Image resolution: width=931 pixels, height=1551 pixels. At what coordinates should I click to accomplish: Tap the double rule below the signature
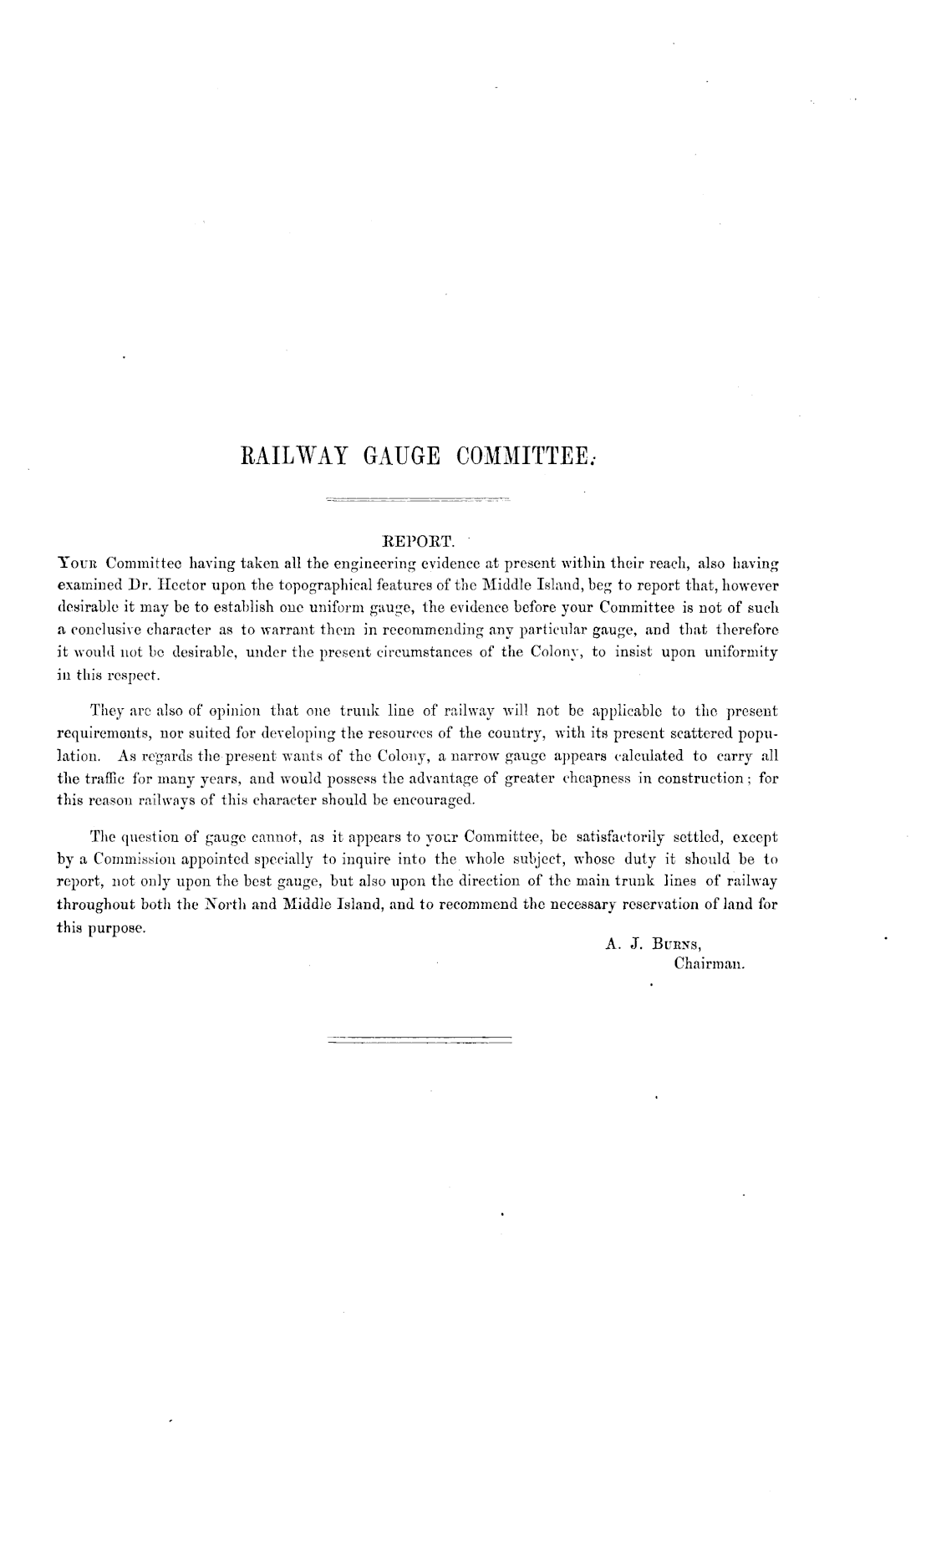pos(417,1040)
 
